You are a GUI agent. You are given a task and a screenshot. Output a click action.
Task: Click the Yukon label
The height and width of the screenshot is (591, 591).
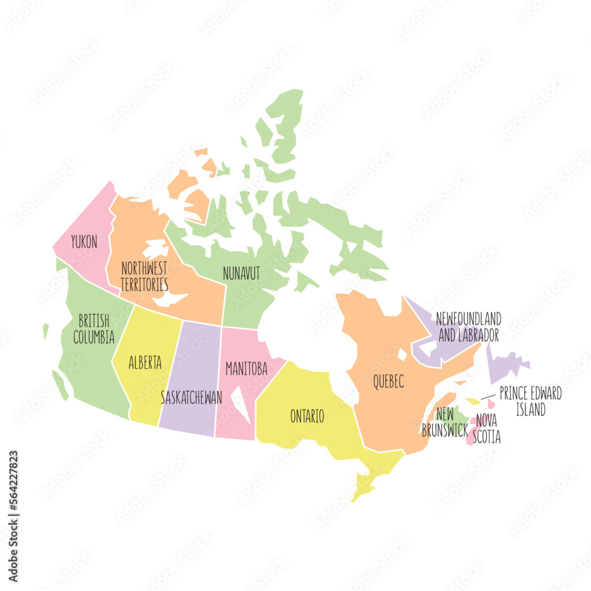(84, 242)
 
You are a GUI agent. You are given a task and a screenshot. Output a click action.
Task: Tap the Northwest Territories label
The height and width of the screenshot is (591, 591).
(144, 276)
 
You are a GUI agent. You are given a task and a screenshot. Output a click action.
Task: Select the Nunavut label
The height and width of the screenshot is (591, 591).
(241, 274)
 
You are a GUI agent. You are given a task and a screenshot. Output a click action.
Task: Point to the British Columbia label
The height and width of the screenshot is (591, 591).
(93, 329)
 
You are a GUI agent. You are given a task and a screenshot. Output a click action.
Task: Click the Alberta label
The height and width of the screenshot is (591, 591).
(145, 363)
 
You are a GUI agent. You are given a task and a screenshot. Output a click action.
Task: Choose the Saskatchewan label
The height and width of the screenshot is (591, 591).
(191, 397)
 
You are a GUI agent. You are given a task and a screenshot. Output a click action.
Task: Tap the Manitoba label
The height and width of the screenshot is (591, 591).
(246, 369)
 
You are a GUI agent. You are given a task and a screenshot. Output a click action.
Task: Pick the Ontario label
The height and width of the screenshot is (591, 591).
(307, 416)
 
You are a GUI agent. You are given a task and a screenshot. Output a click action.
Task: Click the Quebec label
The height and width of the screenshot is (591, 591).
(388, 382)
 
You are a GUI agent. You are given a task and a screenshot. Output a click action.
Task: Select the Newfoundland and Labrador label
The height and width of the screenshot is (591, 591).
(469, 327)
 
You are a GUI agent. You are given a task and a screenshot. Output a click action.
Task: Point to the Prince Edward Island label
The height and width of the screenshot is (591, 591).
(530, 401)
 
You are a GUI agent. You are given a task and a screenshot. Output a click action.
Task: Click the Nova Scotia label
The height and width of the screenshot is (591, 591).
(488, 428)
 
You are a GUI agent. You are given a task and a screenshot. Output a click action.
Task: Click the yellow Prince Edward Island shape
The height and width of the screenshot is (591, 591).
(473, 401)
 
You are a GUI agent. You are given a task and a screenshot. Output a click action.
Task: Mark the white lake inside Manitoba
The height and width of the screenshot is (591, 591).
(241, 404)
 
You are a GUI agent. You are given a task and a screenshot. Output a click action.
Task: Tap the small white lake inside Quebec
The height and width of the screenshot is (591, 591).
(402, 355)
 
